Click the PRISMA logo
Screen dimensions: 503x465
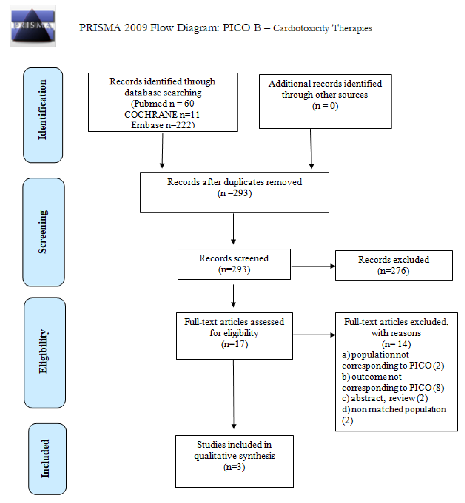33,26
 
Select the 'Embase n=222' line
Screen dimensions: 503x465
163,125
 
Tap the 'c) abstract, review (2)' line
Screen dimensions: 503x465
385,398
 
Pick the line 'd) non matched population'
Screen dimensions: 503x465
394,409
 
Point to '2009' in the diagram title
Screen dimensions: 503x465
136,28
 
